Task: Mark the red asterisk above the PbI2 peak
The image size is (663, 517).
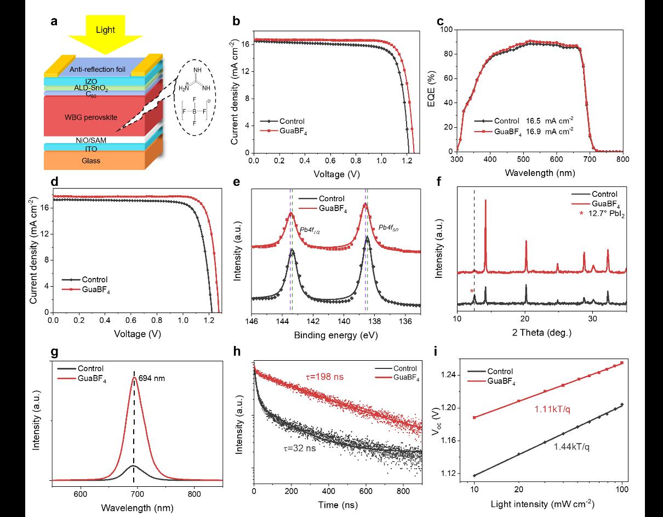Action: click(x=471, y=291)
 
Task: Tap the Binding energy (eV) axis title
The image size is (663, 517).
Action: click(x=335, y=334)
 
